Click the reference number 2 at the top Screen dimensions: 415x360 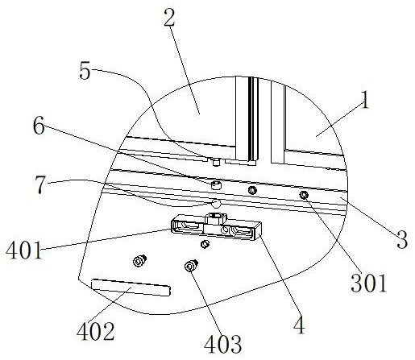169,19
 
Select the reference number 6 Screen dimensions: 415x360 39,126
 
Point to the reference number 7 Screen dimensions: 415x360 39,185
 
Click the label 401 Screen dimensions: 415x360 24,250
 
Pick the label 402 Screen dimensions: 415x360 96,331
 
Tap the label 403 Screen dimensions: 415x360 222,344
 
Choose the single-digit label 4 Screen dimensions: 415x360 299,325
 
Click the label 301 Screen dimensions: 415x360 369,283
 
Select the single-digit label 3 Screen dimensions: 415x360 402,239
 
